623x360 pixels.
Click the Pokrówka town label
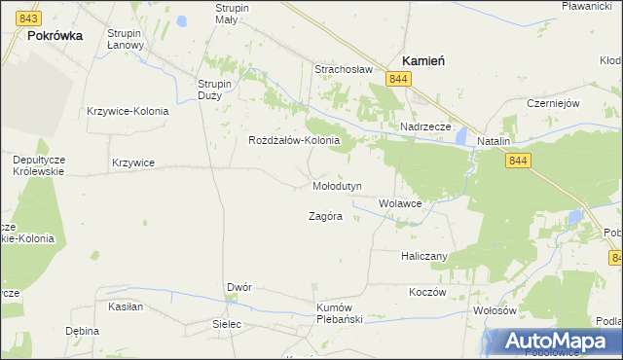tap(55, 34)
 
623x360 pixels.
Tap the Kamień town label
tap(423, 60)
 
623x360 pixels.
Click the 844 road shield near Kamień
tap(397, 78)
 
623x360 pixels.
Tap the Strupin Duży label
tap(214, 90)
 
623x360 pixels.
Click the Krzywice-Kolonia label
tap(128, 111)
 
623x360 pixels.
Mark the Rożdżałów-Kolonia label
tap(294, 140)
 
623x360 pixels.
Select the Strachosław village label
tap(344, 69)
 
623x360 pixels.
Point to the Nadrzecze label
tap(425, 127)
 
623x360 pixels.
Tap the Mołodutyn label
tap(337, 185)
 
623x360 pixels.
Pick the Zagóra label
tap(325, 216)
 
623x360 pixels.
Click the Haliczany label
tap(423, 256)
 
